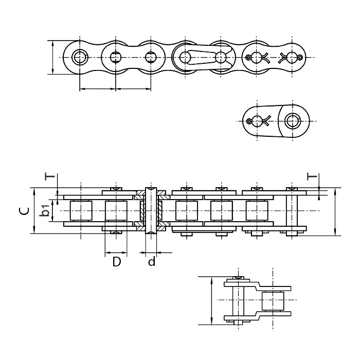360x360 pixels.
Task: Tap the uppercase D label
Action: pos(117,262)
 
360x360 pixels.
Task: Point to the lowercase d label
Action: pos(152,262)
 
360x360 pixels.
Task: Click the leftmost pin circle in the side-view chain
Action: pos(79,57)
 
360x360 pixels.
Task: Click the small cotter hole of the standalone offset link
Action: pos(250,121)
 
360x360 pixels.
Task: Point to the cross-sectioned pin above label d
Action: pos(151,211)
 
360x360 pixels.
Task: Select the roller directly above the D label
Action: pos(116,211)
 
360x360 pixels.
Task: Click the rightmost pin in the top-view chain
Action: pos(292,211)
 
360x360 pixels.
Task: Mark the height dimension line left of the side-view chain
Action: pos(53,57)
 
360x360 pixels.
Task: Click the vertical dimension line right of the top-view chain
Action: pos(335,211)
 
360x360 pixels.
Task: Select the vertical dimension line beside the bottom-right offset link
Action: pos(211,300)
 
